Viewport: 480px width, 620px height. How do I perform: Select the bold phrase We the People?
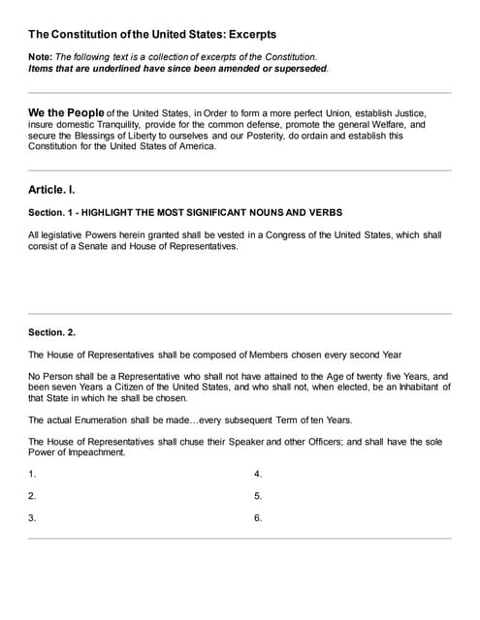pos(66,113)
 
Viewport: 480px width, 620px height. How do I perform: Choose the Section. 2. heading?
pos(52,332)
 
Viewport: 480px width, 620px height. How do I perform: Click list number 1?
pos(33,475)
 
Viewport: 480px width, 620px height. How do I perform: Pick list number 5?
pos(258,496)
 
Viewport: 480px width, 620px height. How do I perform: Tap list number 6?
pos(258,518)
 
